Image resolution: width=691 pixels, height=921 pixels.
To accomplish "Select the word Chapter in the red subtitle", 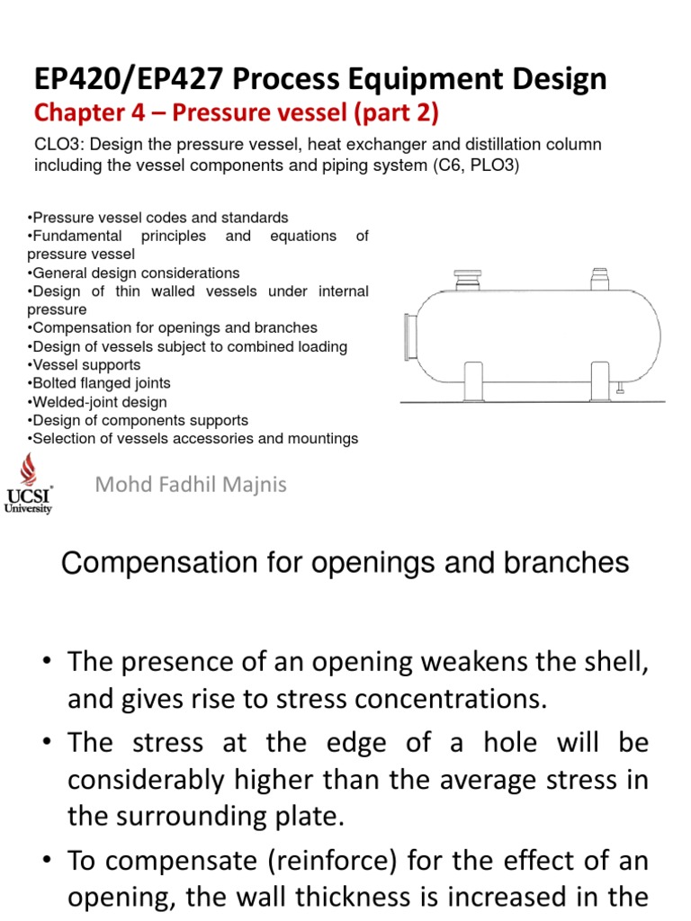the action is pyautogui.click(x=72, y=114).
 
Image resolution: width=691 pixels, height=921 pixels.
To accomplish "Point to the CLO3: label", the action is pyautogui.click(x=58, y=145).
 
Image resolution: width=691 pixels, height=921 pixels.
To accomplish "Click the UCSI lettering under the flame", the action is pyautogui.click(x=28, y=496).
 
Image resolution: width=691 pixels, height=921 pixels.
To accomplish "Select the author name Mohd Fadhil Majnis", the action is pyautogui.click(x=191, y=485).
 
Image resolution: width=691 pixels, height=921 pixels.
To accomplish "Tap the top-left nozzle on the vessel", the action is pyautogui.click(x=468, y=278).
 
